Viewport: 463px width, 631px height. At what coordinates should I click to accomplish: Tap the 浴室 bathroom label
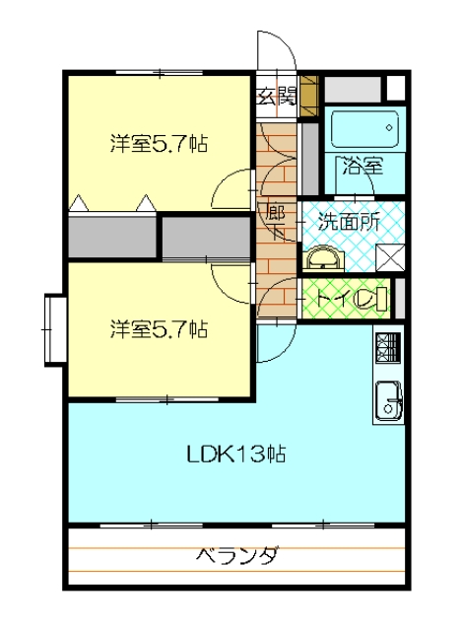coord(362,165)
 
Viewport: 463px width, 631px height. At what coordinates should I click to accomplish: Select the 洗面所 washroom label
coord(349,222)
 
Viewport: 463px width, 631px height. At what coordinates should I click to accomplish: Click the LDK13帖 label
coord(236,455)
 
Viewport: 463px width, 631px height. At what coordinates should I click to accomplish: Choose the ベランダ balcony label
coord(236,555)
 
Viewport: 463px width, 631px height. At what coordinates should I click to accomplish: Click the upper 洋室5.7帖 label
coord(158,144)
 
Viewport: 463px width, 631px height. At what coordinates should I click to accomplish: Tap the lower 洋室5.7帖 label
coord(158,328)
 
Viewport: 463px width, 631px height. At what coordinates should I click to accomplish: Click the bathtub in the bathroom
coord(364,129)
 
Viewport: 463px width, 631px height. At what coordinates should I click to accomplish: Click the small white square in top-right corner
coord(394,87)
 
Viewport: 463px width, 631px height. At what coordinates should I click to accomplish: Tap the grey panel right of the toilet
coord(399,298)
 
